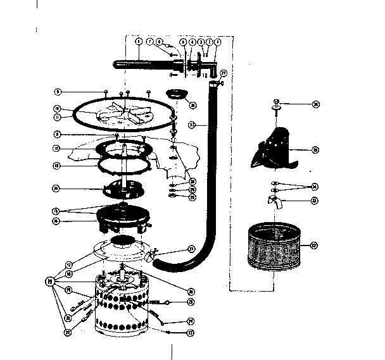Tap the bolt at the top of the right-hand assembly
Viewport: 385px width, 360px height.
277,103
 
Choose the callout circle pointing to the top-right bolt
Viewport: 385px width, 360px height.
315,104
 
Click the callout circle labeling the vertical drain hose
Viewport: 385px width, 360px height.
191,125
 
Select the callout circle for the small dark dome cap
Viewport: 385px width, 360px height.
192,105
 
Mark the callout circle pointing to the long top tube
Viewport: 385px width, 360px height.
139,42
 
